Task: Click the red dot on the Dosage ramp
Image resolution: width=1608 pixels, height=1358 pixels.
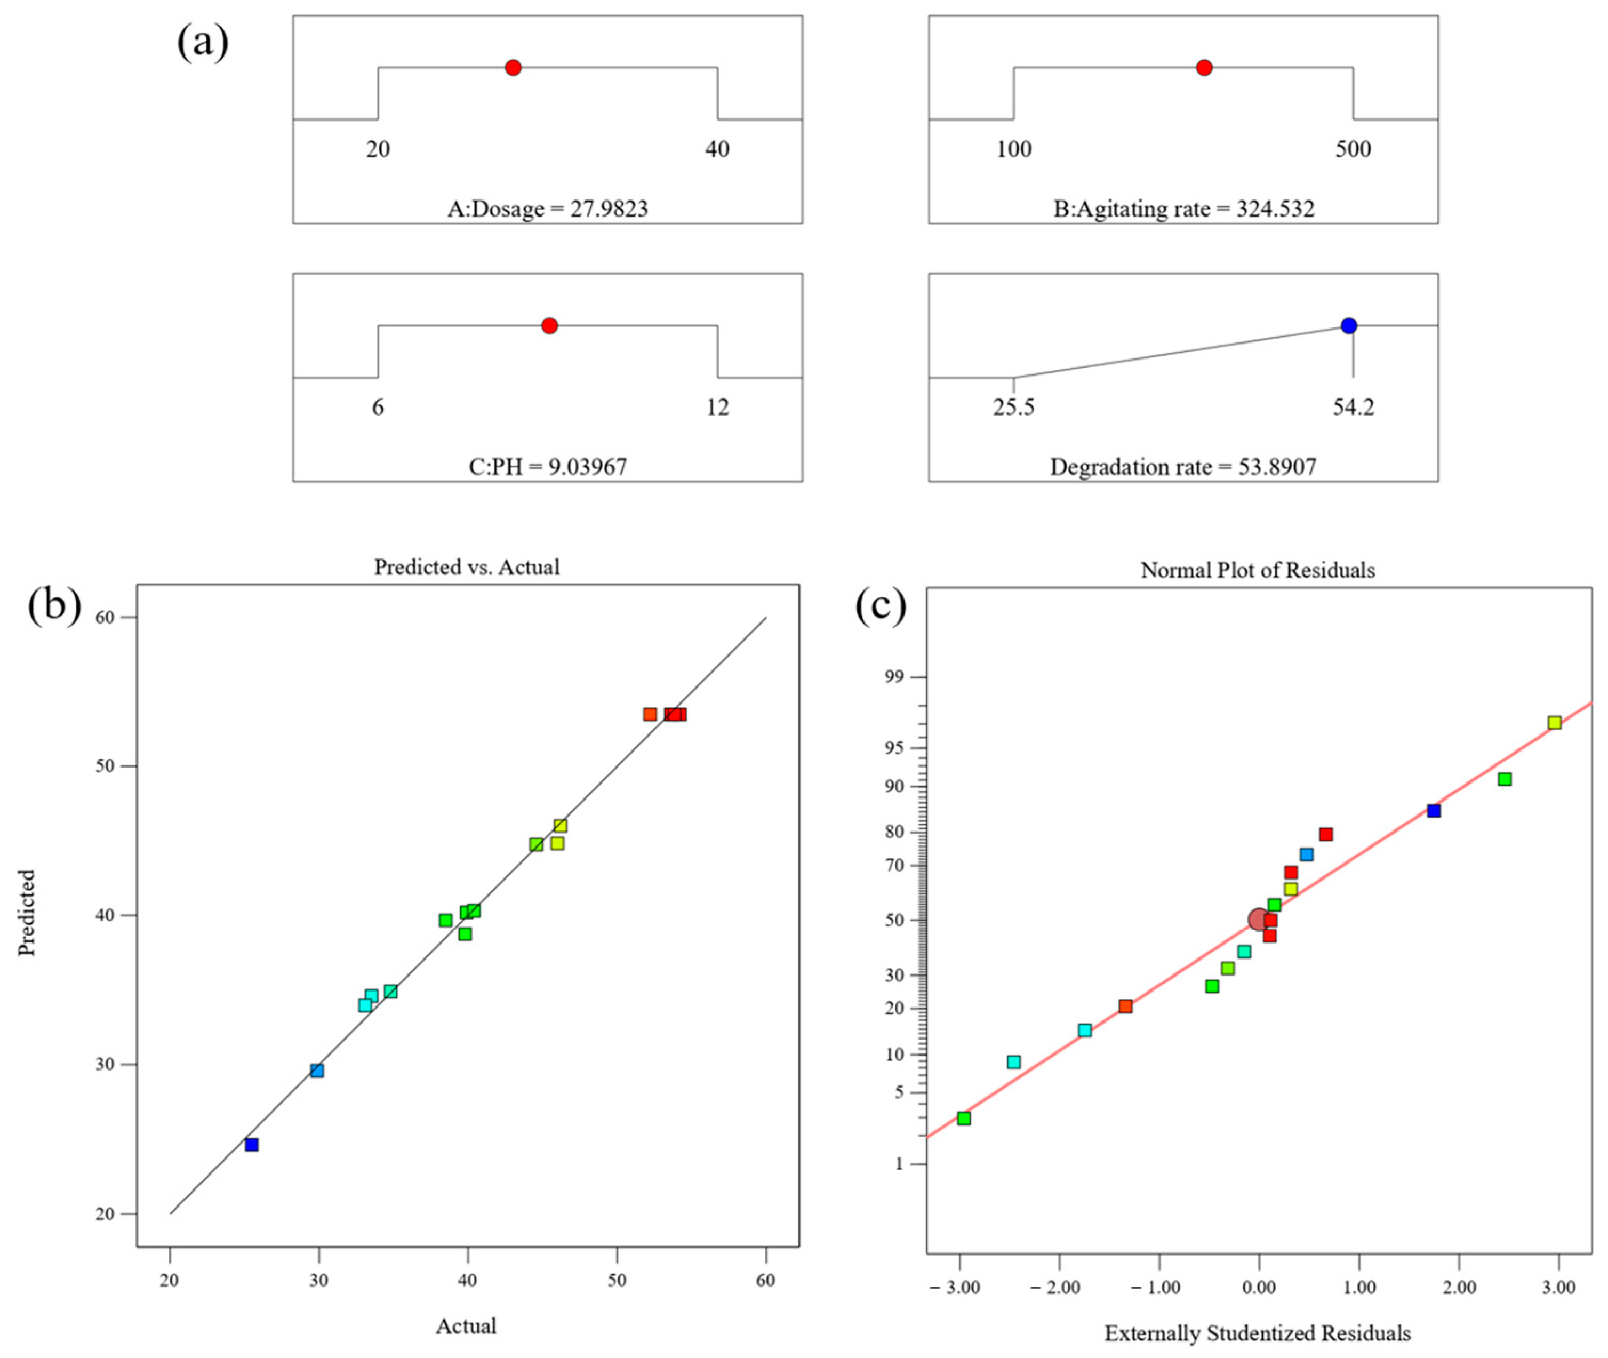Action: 514,68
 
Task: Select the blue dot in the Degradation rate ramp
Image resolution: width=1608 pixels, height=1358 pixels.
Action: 1349,326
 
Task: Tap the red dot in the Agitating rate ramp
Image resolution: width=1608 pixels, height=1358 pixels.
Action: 1205,68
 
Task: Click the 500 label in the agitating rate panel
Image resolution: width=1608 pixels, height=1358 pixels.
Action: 1353,149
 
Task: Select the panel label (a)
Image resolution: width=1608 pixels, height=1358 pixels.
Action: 203,42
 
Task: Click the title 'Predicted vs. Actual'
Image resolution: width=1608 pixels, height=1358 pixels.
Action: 467,568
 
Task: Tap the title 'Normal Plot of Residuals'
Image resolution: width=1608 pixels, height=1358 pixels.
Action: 1258,570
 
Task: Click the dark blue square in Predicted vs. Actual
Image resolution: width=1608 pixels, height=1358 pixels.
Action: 252,1145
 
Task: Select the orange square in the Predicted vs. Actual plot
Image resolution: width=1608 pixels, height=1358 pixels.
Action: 651,714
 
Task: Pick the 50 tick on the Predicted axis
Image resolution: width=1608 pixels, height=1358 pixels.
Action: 106,766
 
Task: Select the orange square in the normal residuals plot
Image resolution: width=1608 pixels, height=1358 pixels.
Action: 1125,1006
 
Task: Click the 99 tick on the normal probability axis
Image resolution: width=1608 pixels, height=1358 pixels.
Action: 896,677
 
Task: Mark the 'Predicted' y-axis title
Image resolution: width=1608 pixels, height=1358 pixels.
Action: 28,913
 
